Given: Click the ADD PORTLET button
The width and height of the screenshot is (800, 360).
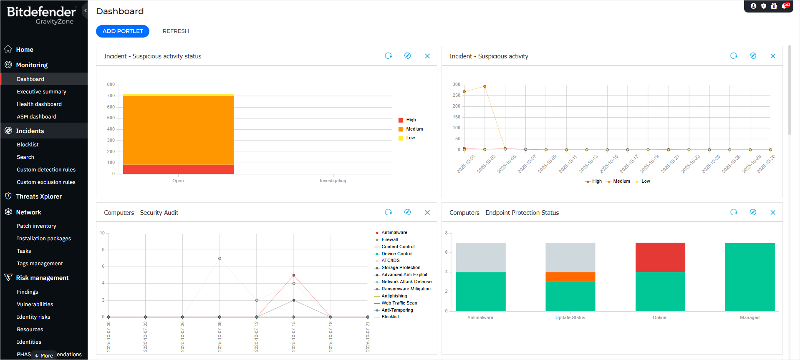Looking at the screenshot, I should pos(122,31).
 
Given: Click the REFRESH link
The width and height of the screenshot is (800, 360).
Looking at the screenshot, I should pos(176,31).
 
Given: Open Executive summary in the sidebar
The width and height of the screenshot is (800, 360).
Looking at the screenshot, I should pos(41,92).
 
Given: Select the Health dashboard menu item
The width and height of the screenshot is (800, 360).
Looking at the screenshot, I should pos(39,104).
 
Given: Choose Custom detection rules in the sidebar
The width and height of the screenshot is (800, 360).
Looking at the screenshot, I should pos(46,170).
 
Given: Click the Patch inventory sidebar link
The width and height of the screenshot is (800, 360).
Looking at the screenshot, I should pos(36,226).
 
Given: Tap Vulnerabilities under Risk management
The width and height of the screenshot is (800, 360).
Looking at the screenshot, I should pos(35,305).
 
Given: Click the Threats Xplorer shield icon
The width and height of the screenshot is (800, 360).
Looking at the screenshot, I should pos(8,196).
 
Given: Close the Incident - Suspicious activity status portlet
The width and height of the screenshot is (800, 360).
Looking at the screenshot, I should pos(427,56).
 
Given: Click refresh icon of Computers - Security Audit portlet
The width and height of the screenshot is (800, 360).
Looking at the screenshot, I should pos(389,212).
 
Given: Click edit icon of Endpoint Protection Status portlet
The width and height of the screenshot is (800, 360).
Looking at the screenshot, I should pos(753,212).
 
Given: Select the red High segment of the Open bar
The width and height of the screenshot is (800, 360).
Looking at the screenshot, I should pos(178,169).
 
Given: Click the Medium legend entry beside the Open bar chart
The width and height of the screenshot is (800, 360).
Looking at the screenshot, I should pos(414,129).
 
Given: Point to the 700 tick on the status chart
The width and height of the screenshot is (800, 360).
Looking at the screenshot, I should pos(111,96).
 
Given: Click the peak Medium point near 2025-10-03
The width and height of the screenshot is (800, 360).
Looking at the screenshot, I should pos(485,86).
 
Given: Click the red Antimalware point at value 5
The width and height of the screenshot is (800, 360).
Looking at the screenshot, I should pos(294,275).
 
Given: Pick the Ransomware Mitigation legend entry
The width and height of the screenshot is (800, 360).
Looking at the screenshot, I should pos(406,289).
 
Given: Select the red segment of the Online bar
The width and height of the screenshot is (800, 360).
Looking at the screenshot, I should pos(660,257).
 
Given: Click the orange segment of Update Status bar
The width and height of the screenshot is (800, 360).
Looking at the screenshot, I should pos(570,277).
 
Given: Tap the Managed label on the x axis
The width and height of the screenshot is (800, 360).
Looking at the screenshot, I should pos(750,318).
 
